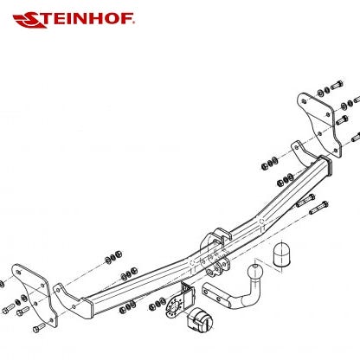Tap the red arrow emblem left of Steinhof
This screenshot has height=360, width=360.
[29, 20]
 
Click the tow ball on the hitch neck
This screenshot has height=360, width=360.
[255, 272]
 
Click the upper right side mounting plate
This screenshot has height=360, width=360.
[319, 125]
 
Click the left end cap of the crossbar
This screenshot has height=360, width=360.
[87, 308]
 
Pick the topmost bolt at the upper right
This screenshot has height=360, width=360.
[337, 85]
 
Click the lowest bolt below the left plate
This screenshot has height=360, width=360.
[39, 328]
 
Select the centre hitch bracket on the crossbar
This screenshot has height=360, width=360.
[215, 253]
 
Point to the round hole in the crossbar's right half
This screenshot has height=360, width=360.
[261, 222]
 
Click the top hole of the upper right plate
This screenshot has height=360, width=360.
[304, 101]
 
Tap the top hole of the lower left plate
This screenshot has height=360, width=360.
[19, 272]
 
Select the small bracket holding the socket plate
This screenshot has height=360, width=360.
[187, 292]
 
